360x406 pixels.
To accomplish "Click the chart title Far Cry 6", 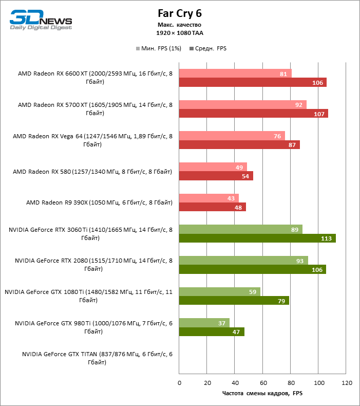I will click(x=180, y=13).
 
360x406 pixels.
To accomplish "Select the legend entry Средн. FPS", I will click(x=208, y=48).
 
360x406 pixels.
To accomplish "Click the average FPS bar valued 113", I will click(x=257, y=238).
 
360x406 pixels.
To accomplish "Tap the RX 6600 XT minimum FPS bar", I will click(x=235, y=73).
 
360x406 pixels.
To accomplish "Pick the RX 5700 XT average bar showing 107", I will click(x=253, y=114).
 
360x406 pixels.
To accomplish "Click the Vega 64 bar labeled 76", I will click(x=232, y=136).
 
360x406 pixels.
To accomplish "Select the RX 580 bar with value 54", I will click(x=216, y=176).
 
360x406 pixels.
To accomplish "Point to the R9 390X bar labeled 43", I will click(x=209, y=198).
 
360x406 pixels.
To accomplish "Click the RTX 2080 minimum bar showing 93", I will click(x=243, y=260).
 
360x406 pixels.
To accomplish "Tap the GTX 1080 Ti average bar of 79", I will click(x=234, y=300).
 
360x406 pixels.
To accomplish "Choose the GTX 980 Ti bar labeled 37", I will click(x=204, y=322).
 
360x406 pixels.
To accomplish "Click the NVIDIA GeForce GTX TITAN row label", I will click(x=97, y=358).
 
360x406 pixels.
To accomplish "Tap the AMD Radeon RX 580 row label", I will click(x=92, y=171).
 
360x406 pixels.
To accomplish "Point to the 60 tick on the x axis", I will click(x=262, y=383).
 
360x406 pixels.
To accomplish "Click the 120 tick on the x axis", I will click(x=347, y=383).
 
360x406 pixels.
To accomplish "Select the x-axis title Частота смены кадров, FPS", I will click(x=262, y=393).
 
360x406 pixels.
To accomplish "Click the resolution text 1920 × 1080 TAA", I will click(x=180, y=32).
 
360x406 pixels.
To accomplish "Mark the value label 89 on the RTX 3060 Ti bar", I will click(x=294, y=229).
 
